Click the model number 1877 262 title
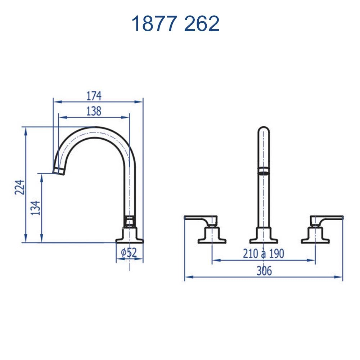175,24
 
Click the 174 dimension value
94,96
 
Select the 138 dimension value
94,112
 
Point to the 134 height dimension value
36,208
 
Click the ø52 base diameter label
129,253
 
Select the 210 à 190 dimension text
263,254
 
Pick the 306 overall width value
264,271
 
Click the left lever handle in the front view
200,219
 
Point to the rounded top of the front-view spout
264,130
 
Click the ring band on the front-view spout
264,171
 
